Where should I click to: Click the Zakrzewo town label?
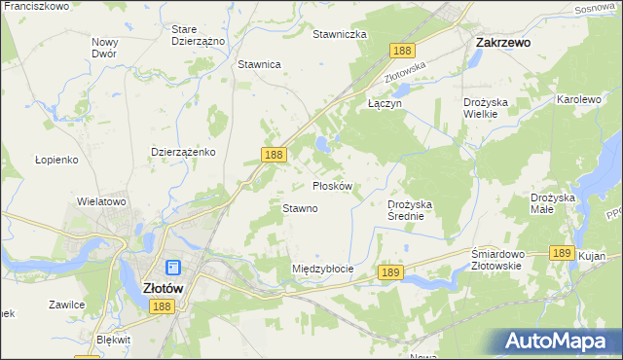501,43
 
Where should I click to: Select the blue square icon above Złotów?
172,268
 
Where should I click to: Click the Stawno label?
300,208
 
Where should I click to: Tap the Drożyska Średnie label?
418,210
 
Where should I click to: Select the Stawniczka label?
339,34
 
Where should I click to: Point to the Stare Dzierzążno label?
198,35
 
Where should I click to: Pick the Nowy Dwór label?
104,48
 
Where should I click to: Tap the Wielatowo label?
102,201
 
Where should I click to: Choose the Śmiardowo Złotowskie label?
497,260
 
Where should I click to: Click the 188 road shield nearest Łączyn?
401,50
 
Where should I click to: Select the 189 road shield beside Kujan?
560,252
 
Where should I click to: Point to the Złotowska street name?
406,68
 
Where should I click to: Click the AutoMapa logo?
559,340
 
